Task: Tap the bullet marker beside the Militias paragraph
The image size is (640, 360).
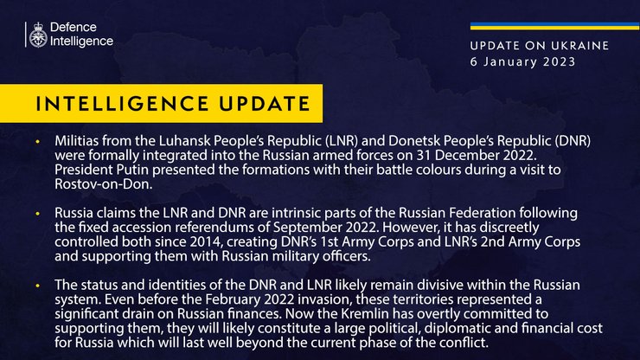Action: [38, 141]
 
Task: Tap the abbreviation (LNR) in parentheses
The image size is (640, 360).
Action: [329, 140]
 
